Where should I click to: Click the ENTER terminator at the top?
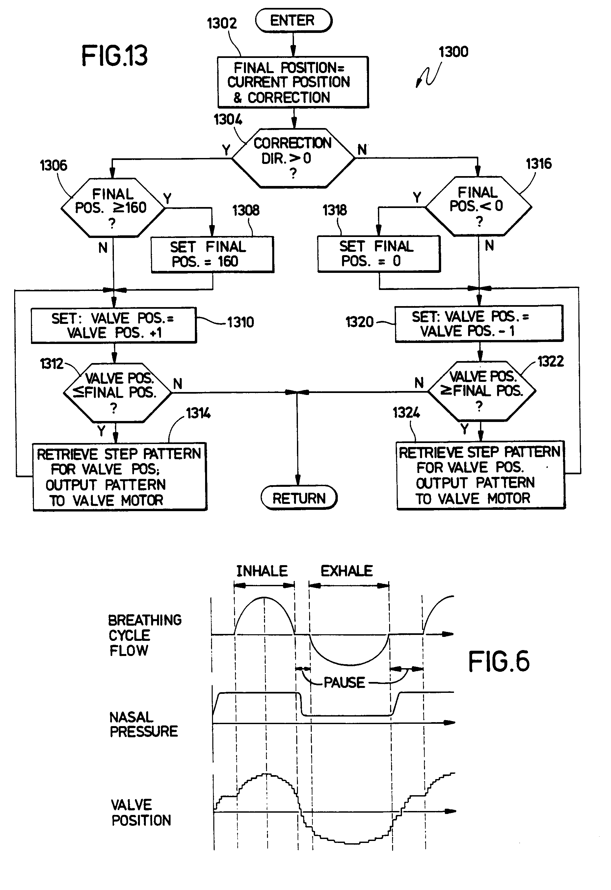pyautogui.click(x=293, y=21)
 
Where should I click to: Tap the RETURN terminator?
pyautogui.click(x=299, y=498)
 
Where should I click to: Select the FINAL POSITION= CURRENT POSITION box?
pyautogui.click(x=293, y=82)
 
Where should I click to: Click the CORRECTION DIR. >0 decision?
pyautogui.click(x=293, y=158)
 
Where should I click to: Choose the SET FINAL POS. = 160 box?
pyautogui.click(x=212, y=254)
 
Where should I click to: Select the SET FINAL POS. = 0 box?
pyautogui.click(x=379, y=253)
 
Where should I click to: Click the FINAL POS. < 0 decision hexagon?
pyautogui.click(x=478, y=206)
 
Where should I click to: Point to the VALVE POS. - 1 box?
pyautogui.click(x=479, y=324)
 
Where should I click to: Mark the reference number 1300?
pyautogui.click(x=453, y=52)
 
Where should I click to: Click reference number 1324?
pyautogui.click(x=406, y=413)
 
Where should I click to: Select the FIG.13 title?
pyautogui.click(x=114, y=56)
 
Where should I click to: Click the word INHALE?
pyautogui.click(x=262, y=571)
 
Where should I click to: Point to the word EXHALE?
pyautogui.click(x=346, y=571)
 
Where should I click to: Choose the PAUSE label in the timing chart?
pyautogui.click(x=344, y=682)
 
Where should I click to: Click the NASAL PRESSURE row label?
pyautogui.click(x=143, y=724)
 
